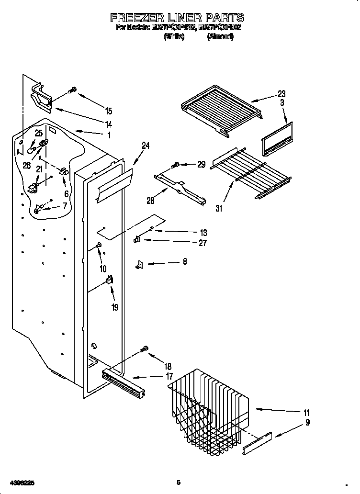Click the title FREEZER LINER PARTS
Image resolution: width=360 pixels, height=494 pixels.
[177, 18]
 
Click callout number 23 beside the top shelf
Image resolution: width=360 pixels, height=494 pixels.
[281, 94]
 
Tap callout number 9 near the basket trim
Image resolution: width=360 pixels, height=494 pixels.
[307, 422]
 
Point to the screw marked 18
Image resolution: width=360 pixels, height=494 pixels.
[144, 351]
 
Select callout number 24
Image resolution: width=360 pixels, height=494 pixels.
[146, 146]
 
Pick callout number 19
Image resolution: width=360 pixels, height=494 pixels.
[115, 307]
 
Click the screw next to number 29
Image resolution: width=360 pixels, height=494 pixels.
[175, 165]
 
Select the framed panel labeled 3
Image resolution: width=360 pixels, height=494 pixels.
[277, 139]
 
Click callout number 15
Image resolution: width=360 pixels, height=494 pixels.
[109, 111]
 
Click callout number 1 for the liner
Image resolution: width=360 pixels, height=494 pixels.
[109, 135]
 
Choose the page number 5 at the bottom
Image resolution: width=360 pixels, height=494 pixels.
[178, 482]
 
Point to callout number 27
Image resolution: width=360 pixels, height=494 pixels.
[202, 243]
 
